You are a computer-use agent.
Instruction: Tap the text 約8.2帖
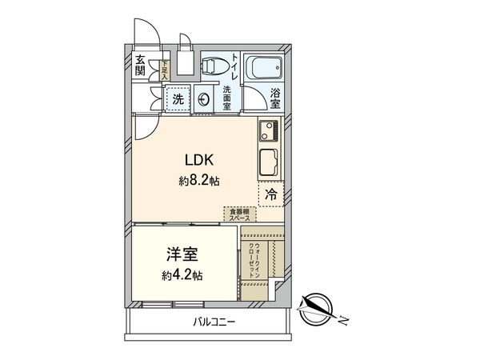coord(198,180)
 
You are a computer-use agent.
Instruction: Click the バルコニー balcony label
coord(214,322)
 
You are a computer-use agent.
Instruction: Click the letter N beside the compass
coord(342,322)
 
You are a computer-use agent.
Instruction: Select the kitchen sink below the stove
coord(267,164)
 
